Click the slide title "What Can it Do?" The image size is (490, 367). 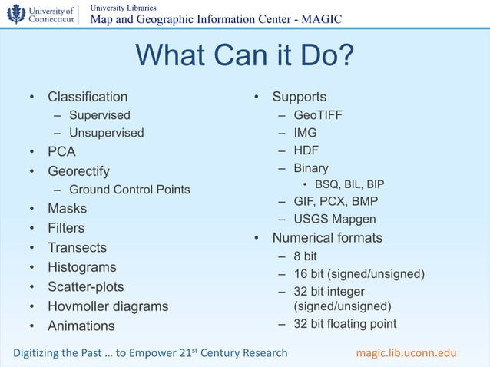click(244, 56)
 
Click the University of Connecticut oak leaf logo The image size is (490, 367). click(16, 14)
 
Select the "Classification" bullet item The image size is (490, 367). click(88, 97)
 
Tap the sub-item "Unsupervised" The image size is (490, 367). click(106, 133)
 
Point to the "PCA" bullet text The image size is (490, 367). click(61, 152)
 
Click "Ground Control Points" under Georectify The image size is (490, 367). click(129, 190)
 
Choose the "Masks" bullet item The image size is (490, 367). click(67, 209)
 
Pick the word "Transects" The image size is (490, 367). click(77, 248)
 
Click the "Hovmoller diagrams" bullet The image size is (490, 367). click(108, 306)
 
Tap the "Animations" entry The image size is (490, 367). click(81, 326)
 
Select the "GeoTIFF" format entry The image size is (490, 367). click(318, 115)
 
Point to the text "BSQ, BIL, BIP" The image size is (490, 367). click(349, 184)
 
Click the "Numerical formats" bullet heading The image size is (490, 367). click(327, 238)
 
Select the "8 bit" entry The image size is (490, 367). click(305, 256)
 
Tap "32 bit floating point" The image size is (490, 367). click(345, 323)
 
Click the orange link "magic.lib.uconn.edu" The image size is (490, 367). click(406, 353)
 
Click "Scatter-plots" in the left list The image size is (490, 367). click(85, 287)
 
